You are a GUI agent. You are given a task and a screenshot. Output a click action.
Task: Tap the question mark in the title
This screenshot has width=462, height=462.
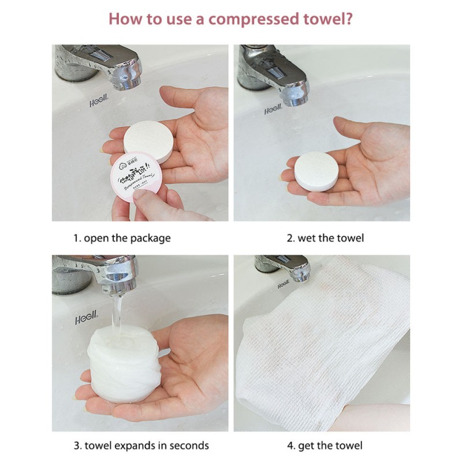pyautogui.click(x=348, y=19)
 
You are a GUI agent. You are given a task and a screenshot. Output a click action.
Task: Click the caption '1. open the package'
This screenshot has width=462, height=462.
pyautogui.click(x=122, y=238)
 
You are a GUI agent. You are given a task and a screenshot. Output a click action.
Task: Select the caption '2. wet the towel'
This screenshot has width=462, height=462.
pyautogui.click(x=325, y=238)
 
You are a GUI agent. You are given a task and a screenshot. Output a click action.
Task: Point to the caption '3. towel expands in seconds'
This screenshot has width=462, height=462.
pyautogui.click(x=141, y=445)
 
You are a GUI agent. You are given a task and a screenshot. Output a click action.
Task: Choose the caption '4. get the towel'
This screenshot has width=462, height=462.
pyautogui.click(x=325, y=445)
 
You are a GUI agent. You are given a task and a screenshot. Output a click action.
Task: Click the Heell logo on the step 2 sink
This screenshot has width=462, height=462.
pyautogui.click(x=273, y=111)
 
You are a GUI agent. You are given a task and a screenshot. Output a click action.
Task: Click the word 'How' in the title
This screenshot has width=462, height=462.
pyautogui.click(x=124, y=19)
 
